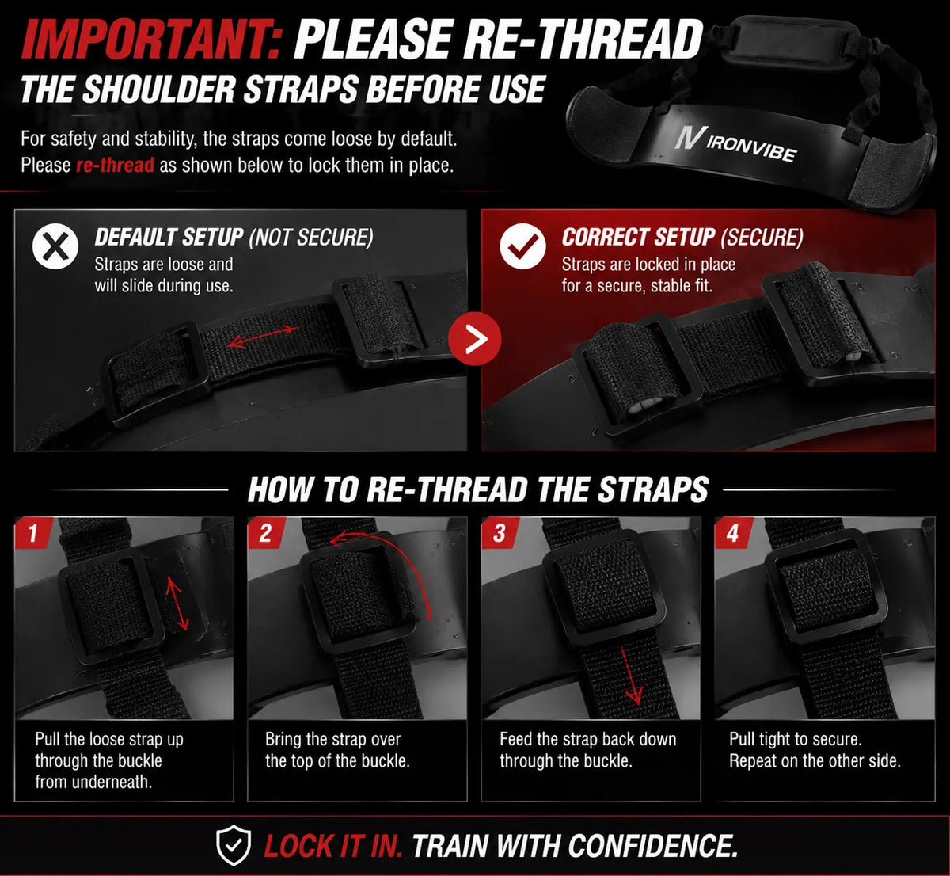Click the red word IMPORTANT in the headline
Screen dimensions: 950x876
[x=153, y=39]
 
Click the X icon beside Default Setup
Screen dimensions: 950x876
[x=55, y=246]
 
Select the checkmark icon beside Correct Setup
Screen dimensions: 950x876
[x=522, y=246]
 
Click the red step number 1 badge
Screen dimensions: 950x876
[x=33, y=533]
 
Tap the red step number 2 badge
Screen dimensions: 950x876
[x=266, y=533]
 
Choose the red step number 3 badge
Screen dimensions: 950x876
[x=500, y=533]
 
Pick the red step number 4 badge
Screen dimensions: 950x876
[x=733, y=533]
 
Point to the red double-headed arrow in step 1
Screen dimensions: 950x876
[x=177, y=605]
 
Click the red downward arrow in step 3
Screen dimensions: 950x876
[x=630, y=675]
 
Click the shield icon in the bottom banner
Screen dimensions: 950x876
[x=233, y=845]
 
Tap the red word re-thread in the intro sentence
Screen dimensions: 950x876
[x=115, y=165]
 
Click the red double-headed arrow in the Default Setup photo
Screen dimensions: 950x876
[x=263, y=336]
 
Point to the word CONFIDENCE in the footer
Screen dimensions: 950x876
[x=652, y=846]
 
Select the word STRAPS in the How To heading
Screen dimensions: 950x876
[x=652, y=489]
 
